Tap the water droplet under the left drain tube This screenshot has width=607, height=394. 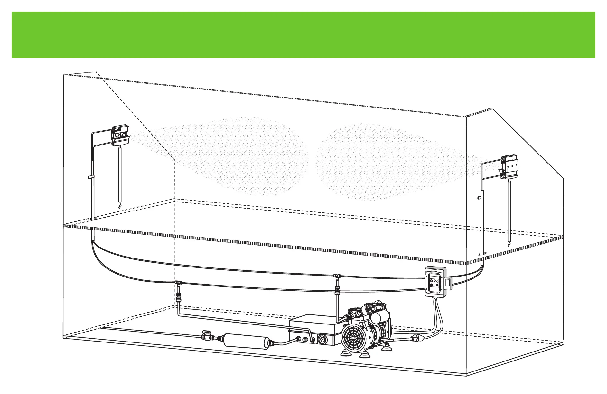[x=120, y=206]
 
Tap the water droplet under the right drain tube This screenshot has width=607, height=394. [x=509, y=244]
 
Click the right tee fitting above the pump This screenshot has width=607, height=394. [x=337, y=277]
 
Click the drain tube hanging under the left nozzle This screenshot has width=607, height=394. [x=120, y=174]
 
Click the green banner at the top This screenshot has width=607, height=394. [x=303, y=35]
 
